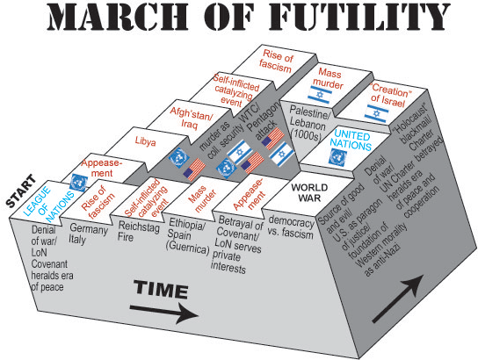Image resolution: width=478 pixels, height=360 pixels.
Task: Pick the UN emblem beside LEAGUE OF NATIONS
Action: click(77, 184)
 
